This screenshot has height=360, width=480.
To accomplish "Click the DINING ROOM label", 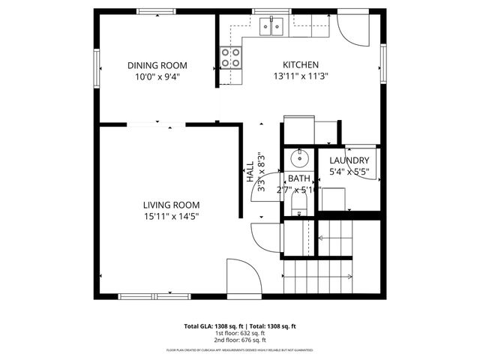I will tap(157, 65).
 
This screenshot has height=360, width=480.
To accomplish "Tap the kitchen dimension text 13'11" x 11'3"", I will tap(300, 76).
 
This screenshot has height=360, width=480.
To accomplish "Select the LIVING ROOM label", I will tap(171, 205).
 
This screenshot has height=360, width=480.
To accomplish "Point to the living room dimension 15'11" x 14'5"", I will tap(171, 216).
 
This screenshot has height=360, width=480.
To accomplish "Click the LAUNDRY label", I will tap(349, 160).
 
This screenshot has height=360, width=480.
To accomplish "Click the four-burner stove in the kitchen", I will tap(230, 58).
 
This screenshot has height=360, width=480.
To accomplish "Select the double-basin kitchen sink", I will tap(271, 28).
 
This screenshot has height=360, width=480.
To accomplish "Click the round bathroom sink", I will tap(298, 158).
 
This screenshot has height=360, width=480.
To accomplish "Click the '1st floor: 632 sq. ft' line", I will tap(240, 334).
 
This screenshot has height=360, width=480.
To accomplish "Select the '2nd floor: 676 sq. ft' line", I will tap(240, 340).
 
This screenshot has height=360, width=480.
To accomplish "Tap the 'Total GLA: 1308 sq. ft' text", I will tap(211, 326).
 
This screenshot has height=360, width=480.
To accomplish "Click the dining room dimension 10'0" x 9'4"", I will tap(157, 76).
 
